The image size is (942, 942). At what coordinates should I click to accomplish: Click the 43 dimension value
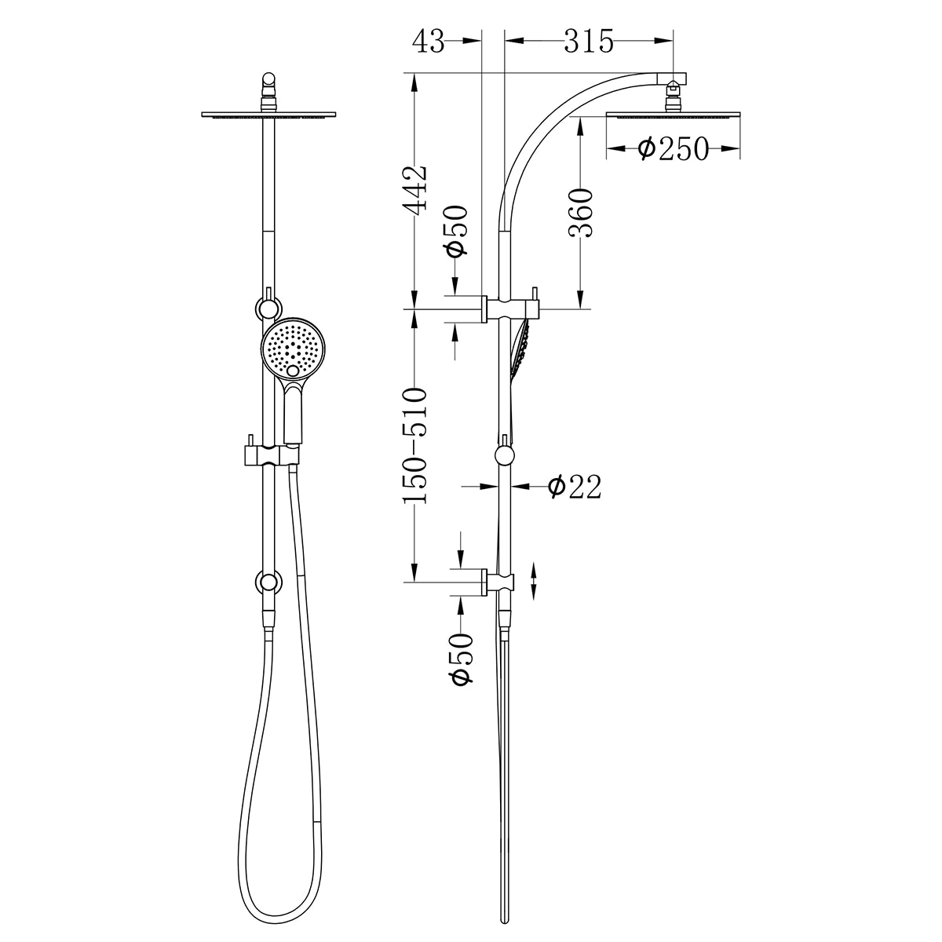click(428, 42)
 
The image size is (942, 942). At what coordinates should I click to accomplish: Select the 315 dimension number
click(589, 42)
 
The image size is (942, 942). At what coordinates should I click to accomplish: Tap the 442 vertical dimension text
click(414, 188)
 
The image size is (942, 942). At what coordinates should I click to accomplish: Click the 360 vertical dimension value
click(580, 213)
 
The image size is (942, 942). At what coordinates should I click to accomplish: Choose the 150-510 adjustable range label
click(414, 445)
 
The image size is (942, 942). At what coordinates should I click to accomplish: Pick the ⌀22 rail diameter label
click(575, 487)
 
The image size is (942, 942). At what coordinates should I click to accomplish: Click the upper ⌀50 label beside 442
click(456, 230)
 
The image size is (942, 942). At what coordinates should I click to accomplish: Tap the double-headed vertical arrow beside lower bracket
click(534, 582)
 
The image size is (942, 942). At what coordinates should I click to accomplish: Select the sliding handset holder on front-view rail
click(269, 454)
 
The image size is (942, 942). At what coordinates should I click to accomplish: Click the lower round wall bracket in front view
click(269, 582)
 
